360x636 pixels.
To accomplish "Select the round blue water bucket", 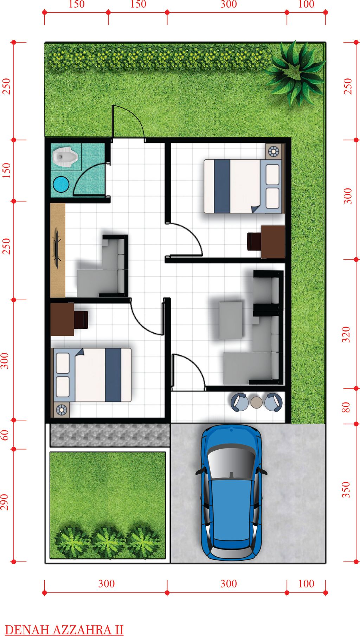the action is tap(61, 184).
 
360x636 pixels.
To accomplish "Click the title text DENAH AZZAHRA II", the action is tap(64, 629).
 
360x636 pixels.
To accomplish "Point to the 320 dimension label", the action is tap(347, 334).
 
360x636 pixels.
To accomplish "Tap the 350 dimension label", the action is tap(347, 490).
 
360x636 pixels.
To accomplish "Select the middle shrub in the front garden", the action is tap(108, 542).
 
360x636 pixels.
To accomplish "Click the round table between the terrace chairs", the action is tap(257, 402).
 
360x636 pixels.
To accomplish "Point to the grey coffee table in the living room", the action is tap(231, 320).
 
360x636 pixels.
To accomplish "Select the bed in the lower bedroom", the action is tap(92, 375).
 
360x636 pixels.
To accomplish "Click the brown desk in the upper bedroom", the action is tap(273, 242).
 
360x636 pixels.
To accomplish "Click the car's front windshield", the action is tap(231, 461).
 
